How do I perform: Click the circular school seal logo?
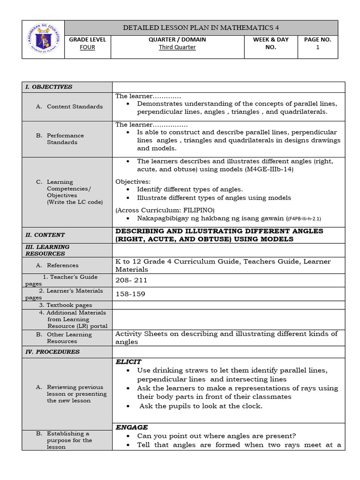[x=43, y=39]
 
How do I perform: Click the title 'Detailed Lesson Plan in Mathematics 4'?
[x=201, y=28]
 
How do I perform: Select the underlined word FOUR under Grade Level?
[x=88, y=47]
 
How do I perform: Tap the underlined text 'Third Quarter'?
[x=177, y=47]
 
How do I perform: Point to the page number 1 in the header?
[x=317, y=47]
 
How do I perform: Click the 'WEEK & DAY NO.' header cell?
[x=270, y=44]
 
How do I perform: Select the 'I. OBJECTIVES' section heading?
[x=49, y=87]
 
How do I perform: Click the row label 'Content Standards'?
[x=75, y=106]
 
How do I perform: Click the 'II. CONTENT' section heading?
[x=45, y=235]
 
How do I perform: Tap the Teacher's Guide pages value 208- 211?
[x=131, y=280]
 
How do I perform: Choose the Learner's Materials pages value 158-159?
[x=130, y=294]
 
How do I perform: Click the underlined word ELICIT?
[x=128, y=362]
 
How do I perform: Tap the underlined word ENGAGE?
[x=132, y=427]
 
